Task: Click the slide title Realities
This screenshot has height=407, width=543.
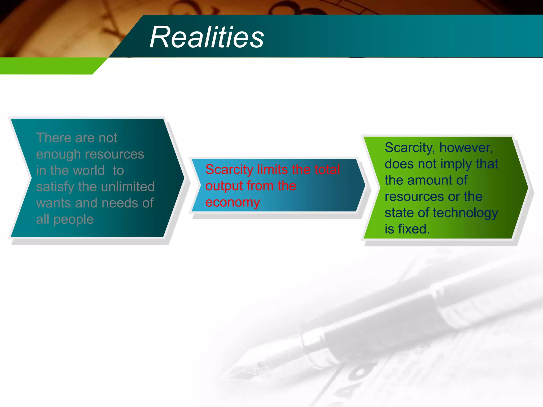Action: (207, 37)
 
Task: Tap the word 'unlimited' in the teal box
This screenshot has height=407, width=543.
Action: (128, 187)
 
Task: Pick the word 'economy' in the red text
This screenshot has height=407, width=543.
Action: (233, 202)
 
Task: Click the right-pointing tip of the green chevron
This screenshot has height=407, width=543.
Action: (527, 187)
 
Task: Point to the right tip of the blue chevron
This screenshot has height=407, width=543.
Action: (365, 185)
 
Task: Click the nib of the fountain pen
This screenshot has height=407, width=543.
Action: (239, 371)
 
